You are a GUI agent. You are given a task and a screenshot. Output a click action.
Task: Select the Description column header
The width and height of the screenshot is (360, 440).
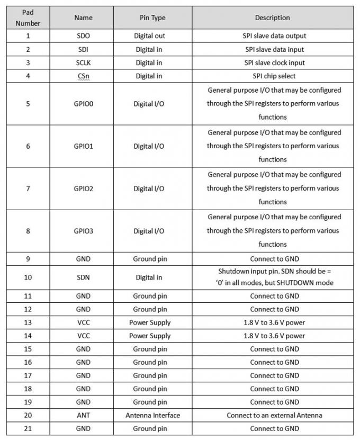[272, 17]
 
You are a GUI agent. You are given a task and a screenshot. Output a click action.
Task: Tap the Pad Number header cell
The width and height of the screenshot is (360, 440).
[28, 18]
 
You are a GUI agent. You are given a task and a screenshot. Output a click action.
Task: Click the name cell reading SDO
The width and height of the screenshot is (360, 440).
[83, 36]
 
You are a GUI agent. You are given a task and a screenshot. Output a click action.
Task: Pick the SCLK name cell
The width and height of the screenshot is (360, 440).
[83, 62]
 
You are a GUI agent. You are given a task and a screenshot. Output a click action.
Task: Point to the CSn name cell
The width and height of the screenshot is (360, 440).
[83, 76]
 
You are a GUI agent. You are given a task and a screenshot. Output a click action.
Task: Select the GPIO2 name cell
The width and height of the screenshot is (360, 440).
[83, 188]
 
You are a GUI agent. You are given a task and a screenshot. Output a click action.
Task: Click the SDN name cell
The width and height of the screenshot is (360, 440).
[83, 277]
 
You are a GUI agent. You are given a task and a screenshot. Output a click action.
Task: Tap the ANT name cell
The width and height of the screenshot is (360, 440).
[83, 415]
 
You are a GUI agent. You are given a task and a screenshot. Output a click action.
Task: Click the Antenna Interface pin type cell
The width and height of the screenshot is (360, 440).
[152, 415]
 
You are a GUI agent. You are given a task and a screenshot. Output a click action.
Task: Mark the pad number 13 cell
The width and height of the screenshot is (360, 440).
[28, 322]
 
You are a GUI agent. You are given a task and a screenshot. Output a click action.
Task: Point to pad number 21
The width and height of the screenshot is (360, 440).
[28, 428]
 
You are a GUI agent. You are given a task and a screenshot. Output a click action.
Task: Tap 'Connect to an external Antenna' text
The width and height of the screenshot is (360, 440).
[274, 415]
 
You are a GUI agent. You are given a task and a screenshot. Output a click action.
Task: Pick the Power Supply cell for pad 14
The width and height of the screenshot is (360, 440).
[150, 336]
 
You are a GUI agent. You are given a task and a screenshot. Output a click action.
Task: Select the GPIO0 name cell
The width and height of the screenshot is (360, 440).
[83, 103]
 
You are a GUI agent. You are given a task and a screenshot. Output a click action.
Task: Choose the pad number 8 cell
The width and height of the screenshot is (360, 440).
[28, 231]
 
